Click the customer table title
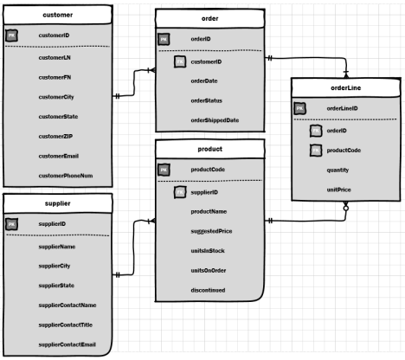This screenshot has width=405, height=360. coord(57,16)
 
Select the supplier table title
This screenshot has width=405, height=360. coord(56,203)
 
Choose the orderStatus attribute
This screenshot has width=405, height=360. coord(207,100)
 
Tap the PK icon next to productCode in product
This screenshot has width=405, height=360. coord(163,170)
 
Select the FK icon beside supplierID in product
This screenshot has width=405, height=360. coord(179,191)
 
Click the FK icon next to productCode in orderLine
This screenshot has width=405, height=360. coord(316,150)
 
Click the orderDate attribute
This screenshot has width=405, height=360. coord(205,81)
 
